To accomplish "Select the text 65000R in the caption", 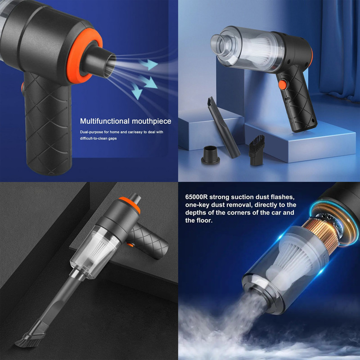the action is (x=196, y=197).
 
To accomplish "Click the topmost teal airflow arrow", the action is (x=148, y=64).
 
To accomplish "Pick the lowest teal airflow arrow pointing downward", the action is (x=137, y=91).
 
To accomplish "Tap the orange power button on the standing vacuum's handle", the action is (x=283, y=85).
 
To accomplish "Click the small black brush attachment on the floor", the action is (x=257, y=150).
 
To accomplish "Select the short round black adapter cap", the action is (x=210, y=155).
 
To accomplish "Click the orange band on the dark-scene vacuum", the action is (x=130, y=204).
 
